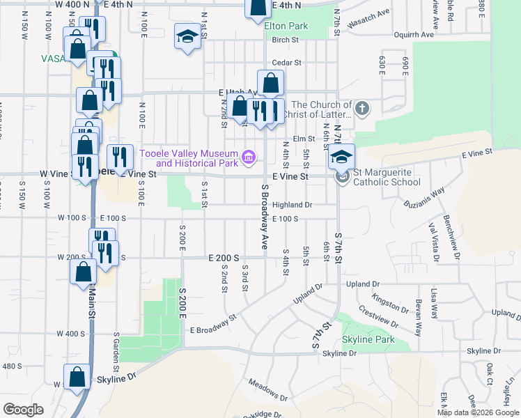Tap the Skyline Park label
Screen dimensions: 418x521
(368, 340)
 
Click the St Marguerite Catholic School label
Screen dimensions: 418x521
(387, 178)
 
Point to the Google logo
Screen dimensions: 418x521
(23, 409)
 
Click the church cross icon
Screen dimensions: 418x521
(361, 109)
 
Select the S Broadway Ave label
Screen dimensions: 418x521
(265, 217)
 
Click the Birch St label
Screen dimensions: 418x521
(285, 40)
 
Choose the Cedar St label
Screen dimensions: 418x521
(286, 63)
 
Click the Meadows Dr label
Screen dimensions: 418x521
(268, 389)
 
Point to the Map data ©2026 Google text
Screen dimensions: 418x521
(478, 412)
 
